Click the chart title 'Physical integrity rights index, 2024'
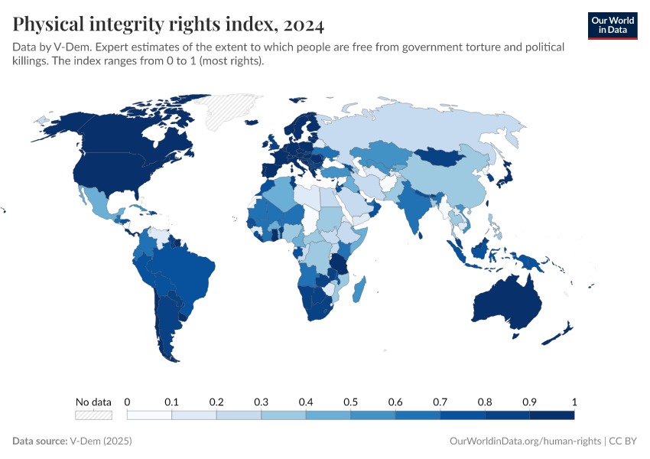(x=168, y=24)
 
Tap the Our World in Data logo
(x=613, y=25)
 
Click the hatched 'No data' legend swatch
(x=93, y=415)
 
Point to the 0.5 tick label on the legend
(x=350, y=402)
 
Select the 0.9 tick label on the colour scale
(x=529, y=402)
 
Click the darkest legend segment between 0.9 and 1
(x=551, y=415)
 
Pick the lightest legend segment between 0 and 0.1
(x=149, y=415)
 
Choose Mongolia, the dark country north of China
(x=444, y=156)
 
